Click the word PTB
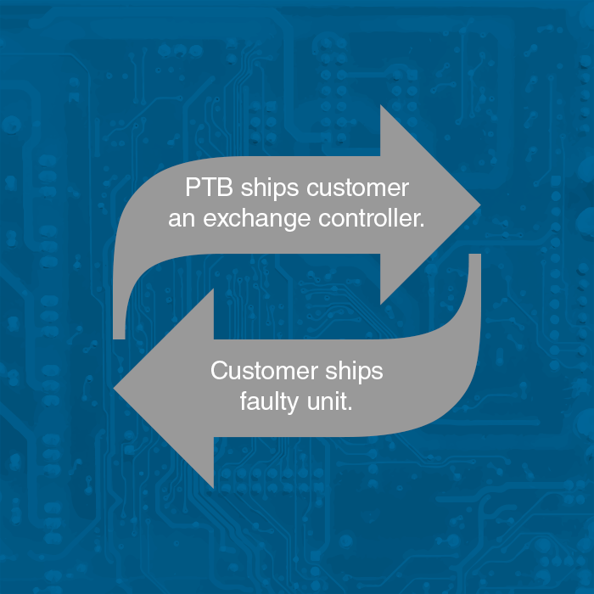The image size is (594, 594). pyautogui.click(x=204, y=188)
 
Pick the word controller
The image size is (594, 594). pyautogui.click(x=367, y=220)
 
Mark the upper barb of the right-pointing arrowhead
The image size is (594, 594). pyautogui.click(x=382, y=109)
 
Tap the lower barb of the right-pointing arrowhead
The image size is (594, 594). pyautogui.click(x=382, y=301)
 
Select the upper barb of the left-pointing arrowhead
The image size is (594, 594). pyautogui.click(x=211, y=291)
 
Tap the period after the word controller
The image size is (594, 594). pyautogui.click(x=422, y=225)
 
